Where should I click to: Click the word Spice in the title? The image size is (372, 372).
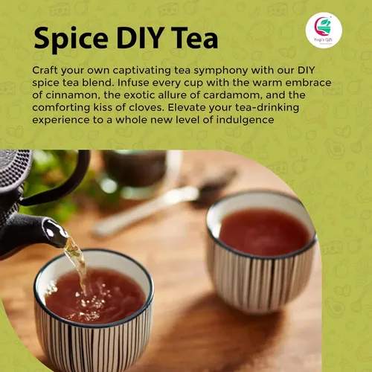click(71, 39)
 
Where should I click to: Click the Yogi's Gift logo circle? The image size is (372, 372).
click(324, 31)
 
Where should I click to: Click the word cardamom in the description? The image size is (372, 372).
click(231, 95)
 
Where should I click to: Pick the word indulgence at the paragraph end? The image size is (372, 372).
click(245, 121)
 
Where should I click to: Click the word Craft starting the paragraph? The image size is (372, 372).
click(45, 70)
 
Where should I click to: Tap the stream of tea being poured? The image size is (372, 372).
click(77, 263)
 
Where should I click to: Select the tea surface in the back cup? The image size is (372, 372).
click(265, 232)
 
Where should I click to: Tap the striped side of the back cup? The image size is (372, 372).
click(260, 280)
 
